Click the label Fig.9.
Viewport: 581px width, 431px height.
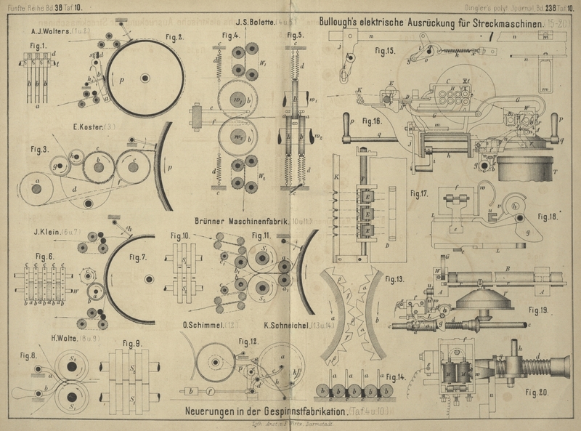click(130, 343)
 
